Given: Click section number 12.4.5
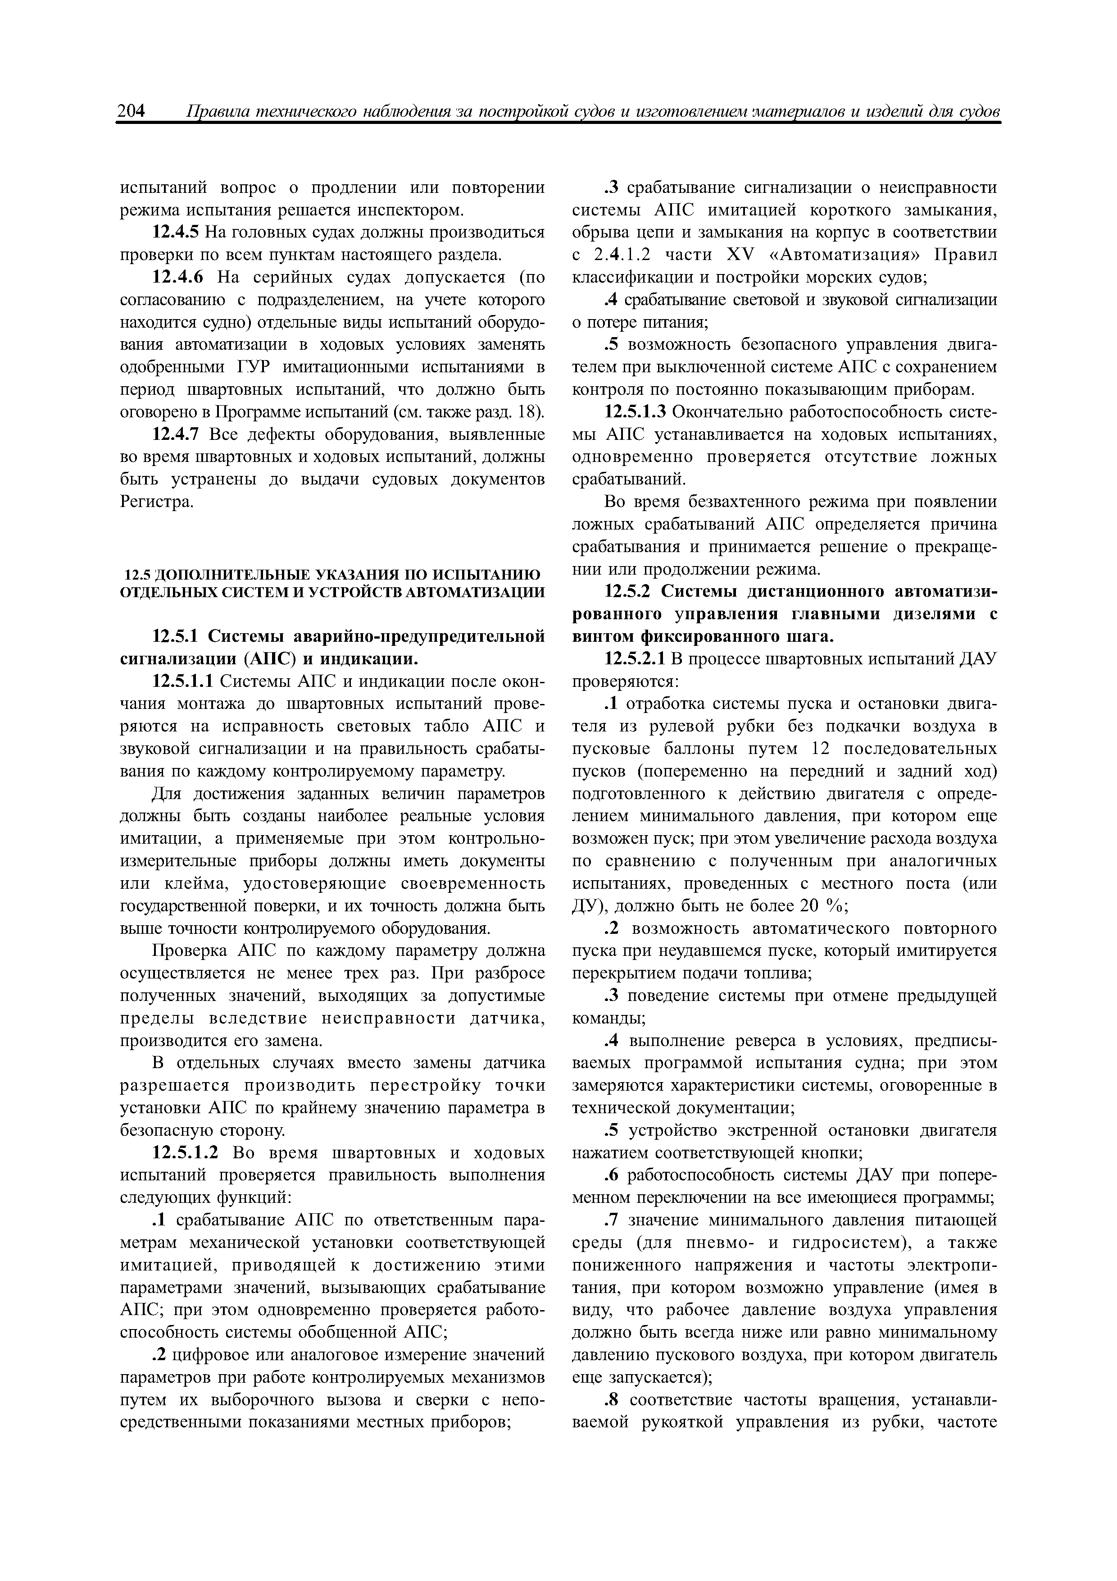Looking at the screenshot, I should pos(176,233).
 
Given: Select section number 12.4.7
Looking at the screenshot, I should pos(176,435).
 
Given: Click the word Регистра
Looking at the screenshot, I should pos(156,503).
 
